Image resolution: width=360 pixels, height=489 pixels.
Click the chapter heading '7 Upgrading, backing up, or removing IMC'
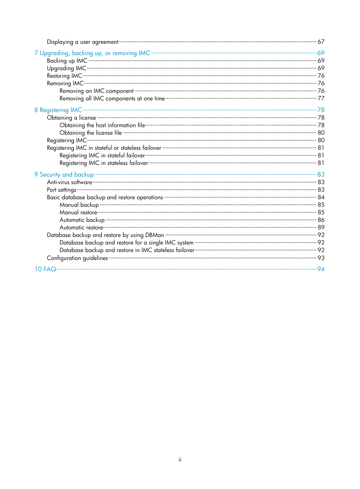(x=92, y=53)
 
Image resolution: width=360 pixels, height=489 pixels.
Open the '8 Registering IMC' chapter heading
(x=58, y=110)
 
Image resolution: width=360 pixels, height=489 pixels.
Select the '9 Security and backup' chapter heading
(x=64, y=175)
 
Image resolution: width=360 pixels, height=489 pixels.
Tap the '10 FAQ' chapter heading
(x=45, y=269)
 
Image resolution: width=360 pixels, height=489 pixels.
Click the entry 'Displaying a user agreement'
(x=83, y=42)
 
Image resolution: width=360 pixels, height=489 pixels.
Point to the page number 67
(x=321, y=42)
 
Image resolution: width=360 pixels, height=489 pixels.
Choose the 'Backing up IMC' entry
(x=67, y=61)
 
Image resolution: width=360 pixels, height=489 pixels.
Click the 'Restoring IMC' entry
(x=65, y=76)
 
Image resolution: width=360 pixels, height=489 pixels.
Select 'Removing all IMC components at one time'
(x=112, y=98)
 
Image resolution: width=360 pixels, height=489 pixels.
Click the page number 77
(x=321, y=98)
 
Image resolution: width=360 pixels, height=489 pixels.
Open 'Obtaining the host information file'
(x=102, y=125)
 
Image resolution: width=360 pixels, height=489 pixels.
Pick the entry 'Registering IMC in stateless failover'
(x=104, y=163)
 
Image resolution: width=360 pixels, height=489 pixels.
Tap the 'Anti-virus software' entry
(x=69, y=182)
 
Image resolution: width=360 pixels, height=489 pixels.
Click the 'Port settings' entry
(x=62, y=190)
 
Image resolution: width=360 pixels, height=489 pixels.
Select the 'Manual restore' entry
(x=78, y=212)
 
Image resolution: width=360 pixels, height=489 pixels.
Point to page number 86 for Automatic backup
(x=321, y=220)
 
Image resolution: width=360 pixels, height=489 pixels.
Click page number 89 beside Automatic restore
(x=321, y=228)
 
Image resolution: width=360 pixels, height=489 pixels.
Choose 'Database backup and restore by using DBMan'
(x=105, y=235)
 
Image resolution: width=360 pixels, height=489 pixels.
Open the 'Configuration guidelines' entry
(x=77, y=258)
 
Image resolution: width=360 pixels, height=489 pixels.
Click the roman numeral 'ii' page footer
(x=180, y=460)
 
